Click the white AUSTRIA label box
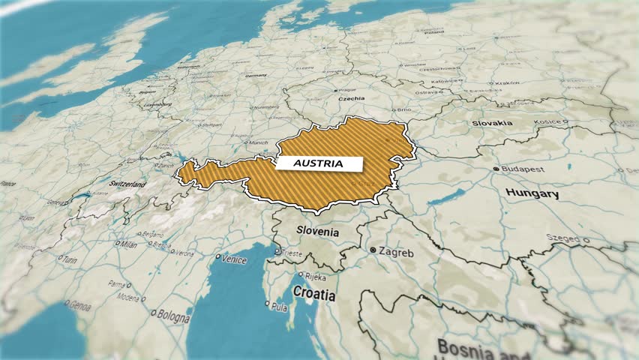[319, 163]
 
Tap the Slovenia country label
[317, 232]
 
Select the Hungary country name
[532, 194]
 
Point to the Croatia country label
[313, 294]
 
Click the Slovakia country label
[492, 123]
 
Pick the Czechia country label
[351, 98]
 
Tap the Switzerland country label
[127, 184]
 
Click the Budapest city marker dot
[496, 169]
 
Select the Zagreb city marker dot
[372, 249]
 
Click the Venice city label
[234, 259]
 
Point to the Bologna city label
[174, 318]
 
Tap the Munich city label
[258, 142]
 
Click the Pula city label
[280, 307]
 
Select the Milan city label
[128, 244]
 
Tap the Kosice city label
[547, 121]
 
